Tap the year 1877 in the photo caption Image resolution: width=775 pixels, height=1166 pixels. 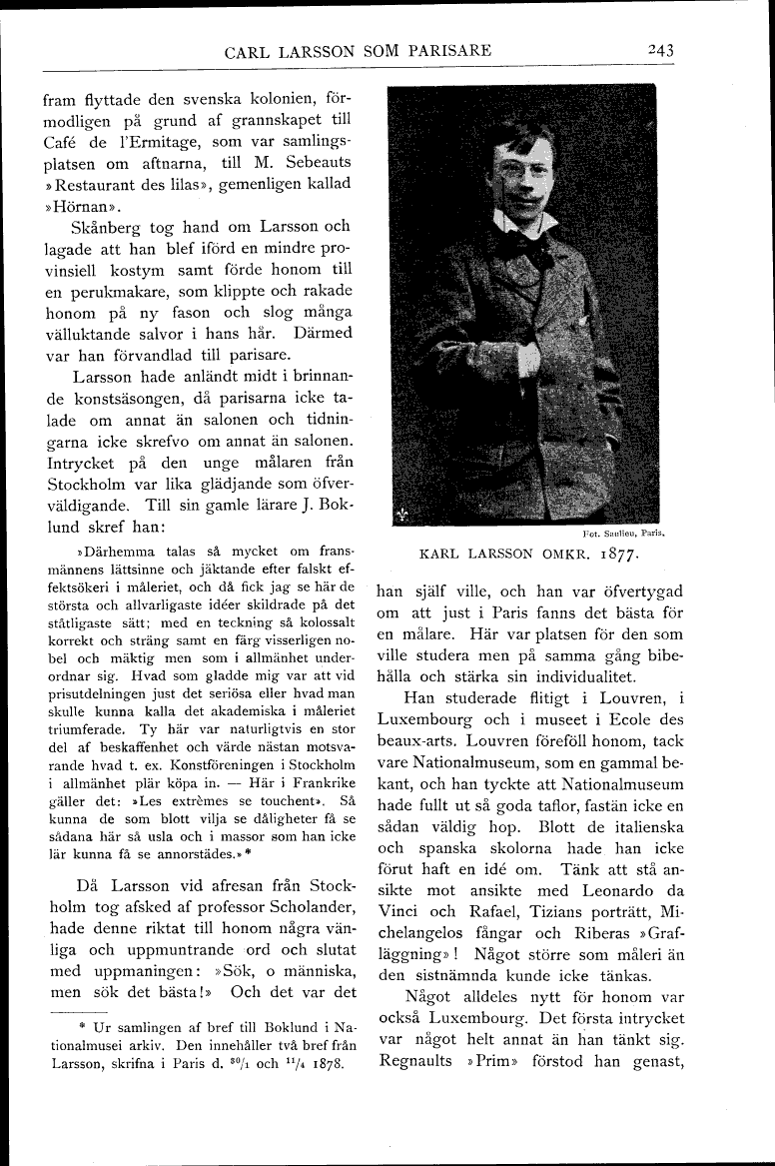pyautogui.click(x=611, y=552)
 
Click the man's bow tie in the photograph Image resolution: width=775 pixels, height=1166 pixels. pyautogui.click(x=526, y=240)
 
